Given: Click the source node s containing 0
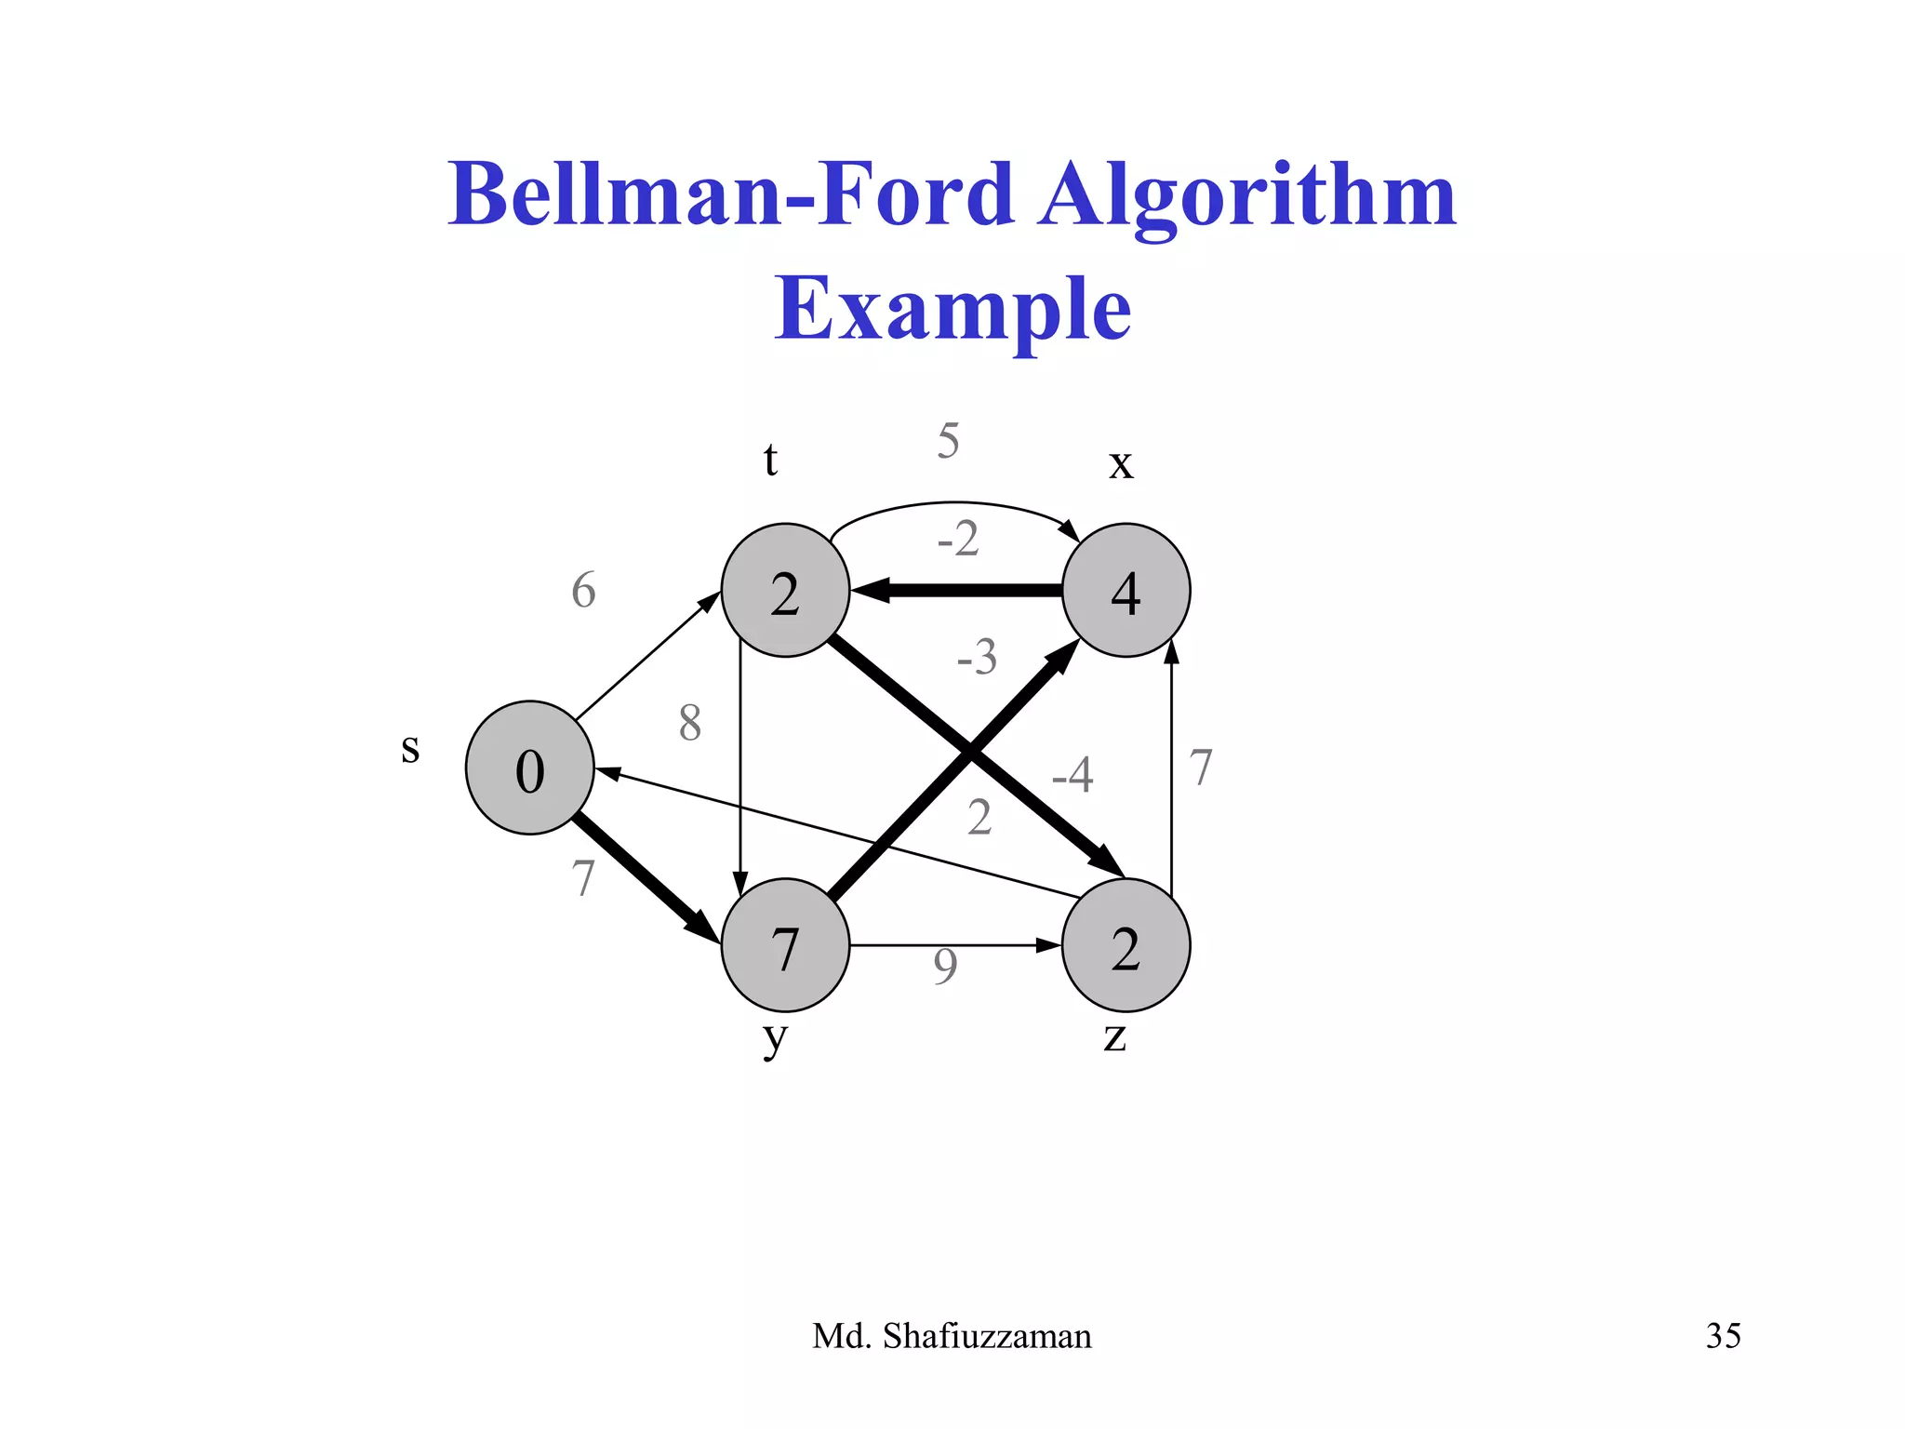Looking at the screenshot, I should [529, 768].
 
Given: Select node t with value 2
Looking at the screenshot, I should [785, 591].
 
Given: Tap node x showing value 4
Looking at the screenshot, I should [1126, 591].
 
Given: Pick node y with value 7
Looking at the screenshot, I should [785, 945].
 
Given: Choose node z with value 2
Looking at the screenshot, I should [1126, 945].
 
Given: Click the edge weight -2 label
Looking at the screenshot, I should [958, 539].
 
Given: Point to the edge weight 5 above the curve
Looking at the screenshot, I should [948, 440].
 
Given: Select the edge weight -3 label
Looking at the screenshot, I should [977, 657].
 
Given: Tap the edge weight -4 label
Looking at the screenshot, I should [1072, 774].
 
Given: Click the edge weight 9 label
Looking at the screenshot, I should [945, 967].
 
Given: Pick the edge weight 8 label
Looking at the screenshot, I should [689, 723].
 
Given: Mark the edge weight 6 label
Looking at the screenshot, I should [583, 591].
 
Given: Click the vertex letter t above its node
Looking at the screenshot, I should [770, 460].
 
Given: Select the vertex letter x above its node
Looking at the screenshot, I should [1121, 463].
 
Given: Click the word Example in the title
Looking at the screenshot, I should [952, 309].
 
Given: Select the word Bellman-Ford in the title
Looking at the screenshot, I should [731, 194].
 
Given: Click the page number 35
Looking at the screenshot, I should [1723, 1336].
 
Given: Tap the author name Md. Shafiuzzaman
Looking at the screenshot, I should [952, 1336].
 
